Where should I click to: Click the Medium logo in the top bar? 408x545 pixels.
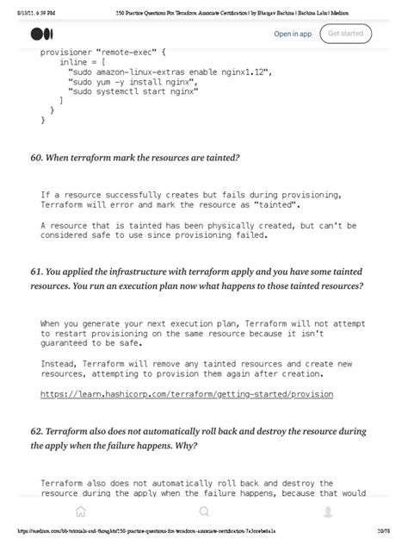41,34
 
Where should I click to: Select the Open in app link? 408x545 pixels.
293,34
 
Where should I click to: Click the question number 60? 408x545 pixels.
37,158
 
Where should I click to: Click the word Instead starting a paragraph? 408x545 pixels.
61,364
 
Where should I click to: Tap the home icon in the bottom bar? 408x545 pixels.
80,511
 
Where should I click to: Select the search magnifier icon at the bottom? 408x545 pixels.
204,511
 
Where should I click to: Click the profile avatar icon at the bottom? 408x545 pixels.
327,511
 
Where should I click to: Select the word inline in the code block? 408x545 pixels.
73,63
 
